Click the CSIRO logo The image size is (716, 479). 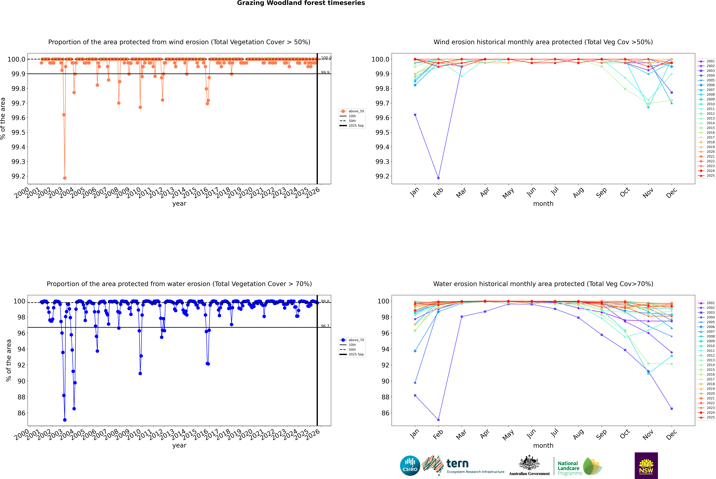click(410, 466)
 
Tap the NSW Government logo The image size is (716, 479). click(646, 466)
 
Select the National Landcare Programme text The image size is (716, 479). click(568, 468)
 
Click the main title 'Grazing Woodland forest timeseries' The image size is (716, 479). click(301, 3)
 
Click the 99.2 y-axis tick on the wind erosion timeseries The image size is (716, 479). click(18, 176)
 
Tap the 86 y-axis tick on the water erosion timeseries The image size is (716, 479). click(21, 413)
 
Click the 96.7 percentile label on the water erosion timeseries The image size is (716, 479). click(325, 326)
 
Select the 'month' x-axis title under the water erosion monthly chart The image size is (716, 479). click(543, 445)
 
